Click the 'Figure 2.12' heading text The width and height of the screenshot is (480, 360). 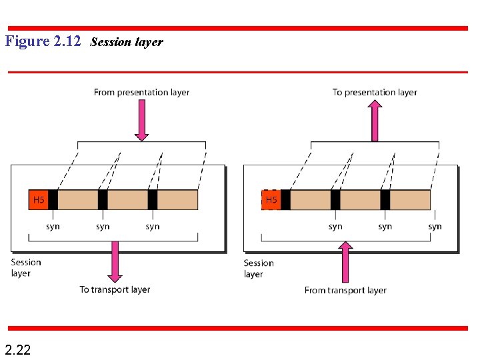click(43, 41)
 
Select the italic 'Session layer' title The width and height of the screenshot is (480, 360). click(126, 42)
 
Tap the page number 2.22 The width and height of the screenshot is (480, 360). click(17, 349)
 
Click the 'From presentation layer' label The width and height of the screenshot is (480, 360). click(141, 93)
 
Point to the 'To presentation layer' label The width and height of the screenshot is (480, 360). click(375, 93)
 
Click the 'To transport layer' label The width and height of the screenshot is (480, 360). click(115, 289)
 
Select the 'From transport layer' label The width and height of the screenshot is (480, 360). click(345, 290)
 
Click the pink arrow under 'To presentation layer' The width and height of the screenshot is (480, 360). click(375, 120)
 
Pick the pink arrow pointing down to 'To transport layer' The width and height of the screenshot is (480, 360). click(115, 261)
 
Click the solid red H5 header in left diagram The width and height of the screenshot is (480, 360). click(39, 200)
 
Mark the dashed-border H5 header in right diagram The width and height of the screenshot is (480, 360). click(271, 200)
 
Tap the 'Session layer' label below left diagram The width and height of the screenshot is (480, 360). click(25, 267)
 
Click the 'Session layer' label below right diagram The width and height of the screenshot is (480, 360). click(259, 268)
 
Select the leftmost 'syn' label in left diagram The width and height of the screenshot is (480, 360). click(53, 227)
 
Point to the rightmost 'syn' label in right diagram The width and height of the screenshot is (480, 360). click(435, 227)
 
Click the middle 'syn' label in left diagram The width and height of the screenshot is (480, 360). click(103, 227)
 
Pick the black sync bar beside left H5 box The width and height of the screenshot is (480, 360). click(53, 200)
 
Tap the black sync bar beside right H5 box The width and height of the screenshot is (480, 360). click(285, 200)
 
